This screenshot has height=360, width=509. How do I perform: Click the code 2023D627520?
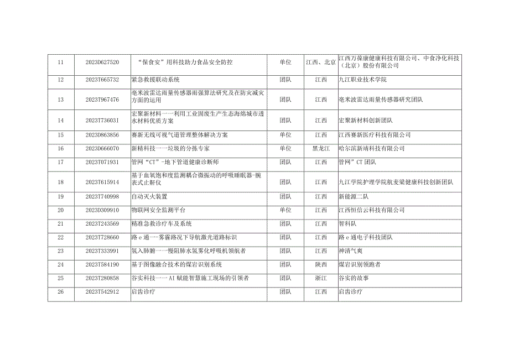pyautogui.click(x=102, y=62)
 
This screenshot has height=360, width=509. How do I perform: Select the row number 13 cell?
pyautogui.click(x=61, y=100)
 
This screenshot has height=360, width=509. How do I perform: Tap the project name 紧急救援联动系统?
pyautogui.click(x=152, y=80)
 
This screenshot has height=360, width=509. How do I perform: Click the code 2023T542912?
pyautogui.click(x=102, y=291)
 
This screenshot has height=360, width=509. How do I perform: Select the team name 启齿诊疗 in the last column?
pyautogui.click(x=350, y=291)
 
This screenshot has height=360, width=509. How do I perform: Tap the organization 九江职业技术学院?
pyautogui.click(x=362, y=80)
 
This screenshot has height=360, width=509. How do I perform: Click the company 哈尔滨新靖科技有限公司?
pyautogui.click(x=369, y=149)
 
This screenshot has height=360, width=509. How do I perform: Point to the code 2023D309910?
pyautogui.click(x=102, y=210)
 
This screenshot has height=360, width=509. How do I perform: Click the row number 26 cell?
pyautogui.click(x=61, y=291)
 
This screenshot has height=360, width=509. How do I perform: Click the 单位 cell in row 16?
pyautogui.click(x=285, y=149)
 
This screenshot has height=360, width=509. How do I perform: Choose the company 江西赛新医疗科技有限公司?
pyautogui.click(x=375, y=135)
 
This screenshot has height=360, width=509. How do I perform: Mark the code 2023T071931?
pyautogui.click(x=102, y=162)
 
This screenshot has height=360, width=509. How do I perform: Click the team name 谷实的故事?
pyautogui.click(x=352, y=278)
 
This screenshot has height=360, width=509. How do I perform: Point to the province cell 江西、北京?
pyautogui.click(x=321, y=62)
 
